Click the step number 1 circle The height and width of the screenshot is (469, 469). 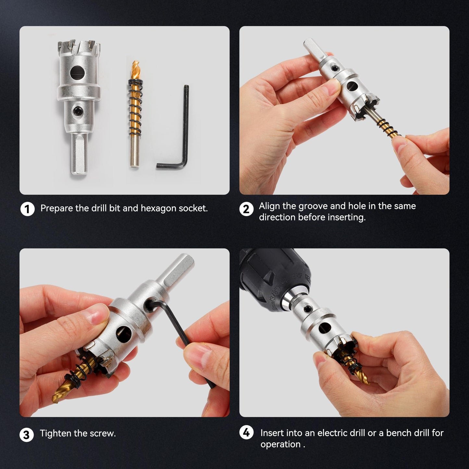pos(27,209)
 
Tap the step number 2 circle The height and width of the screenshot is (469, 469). pos(246,209)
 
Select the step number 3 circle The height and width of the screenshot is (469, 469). pos(26,435)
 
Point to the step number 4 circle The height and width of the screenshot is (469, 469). pos(246,433)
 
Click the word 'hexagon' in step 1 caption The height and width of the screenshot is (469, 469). pos(159,208)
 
